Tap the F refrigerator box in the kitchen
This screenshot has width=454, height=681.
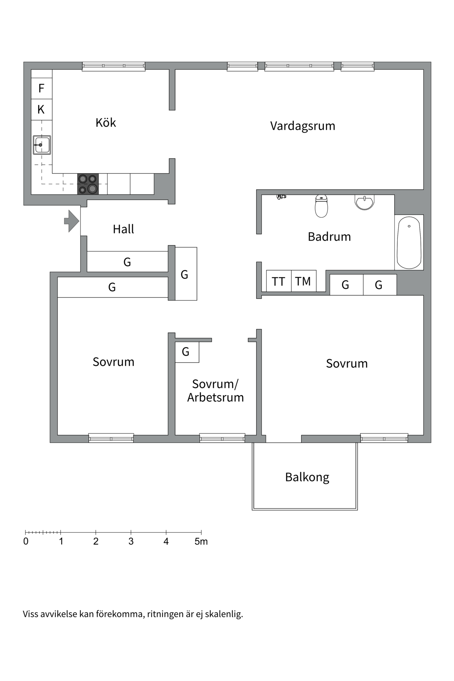41,88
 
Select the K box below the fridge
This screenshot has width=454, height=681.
41,110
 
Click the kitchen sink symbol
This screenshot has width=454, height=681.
42,145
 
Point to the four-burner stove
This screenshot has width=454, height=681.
88,184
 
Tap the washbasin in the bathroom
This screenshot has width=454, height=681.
364,202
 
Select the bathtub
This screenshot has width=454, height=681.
409,243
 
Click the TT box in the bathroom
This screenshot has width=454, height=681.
278,281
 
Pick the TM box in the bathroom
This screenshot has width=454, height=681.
303,281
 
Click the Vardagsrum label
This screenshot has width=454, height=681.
303,126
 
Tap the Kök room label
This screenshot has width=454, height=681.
106,123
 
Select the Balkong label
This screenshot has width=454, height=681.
307,477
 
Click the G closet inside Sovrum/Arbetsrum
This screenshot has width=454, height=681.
187,352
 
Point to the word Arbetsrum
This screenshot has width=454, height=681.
216,398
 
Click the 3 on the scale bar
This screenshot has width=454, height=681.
131,542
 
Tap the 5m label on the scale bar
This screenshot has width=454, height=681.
201,542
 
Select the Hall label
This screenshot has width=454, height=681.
123,229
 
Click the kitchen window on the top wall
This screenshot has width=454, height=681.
113,66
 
